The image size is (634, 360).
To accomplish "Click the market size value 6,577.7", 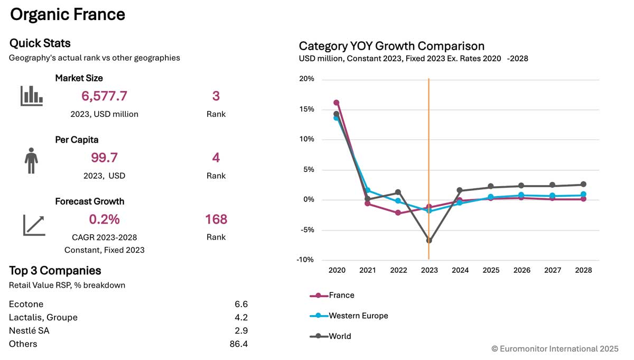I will tap(104, 96).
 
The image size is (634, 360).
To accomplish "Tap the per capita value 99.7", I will tap(104, 158).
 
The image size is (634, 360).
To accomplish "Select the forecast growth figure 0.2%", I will tap(104, 219).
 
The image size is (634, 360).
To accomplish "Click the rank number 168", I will tap(216, 219).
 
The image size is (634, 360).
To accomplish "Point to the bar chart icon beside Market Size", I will tap(32, 96).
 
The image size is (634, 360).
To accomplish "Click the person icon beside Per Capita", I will tap(31, 161).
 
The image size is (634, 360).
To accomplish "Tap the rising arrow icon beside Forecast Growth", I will tap(34, 225).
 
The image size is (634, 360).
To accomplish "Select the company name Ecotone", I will tap(26, 304).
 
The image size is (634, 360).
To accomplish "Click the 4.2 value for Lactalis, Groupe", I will tap(241, 318).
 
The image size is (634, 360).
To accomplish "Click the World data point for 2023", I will tap(429, 241).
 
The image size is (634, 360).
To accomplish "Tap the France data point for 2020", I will tap(337, 103).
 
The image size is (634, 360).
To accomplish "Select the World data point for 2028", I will tap(583, 184).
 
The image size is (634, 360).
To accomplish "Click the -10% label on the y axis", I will tap(305, 260).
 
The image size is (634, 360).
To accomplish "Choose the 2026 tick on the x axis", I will tap(521, 270).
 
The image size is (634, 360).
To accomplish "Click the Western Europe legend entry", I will tap(358, 316).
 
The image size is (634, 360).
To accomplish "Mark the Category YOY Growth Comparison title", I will tap(391, 46).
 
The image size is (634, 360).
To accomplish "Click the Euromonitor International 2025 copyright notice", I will tap(555, 348).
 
